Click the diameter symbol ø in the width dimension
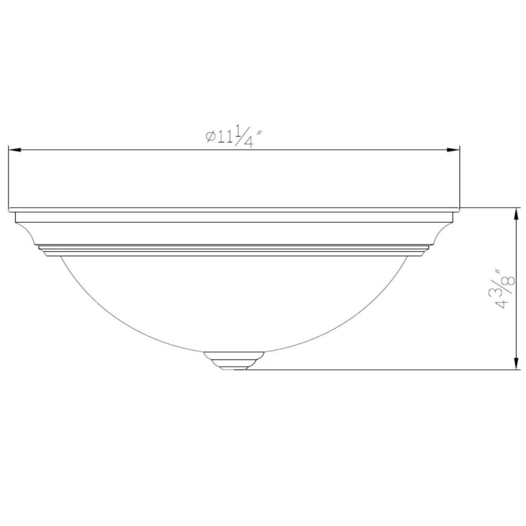click(x=209, y=137)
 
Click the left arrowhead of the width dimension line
click(x=15, y=150)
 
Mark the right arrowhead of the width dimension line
click(x=454, y=150)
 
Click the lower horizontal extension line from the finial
click(x=379, y=370)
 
